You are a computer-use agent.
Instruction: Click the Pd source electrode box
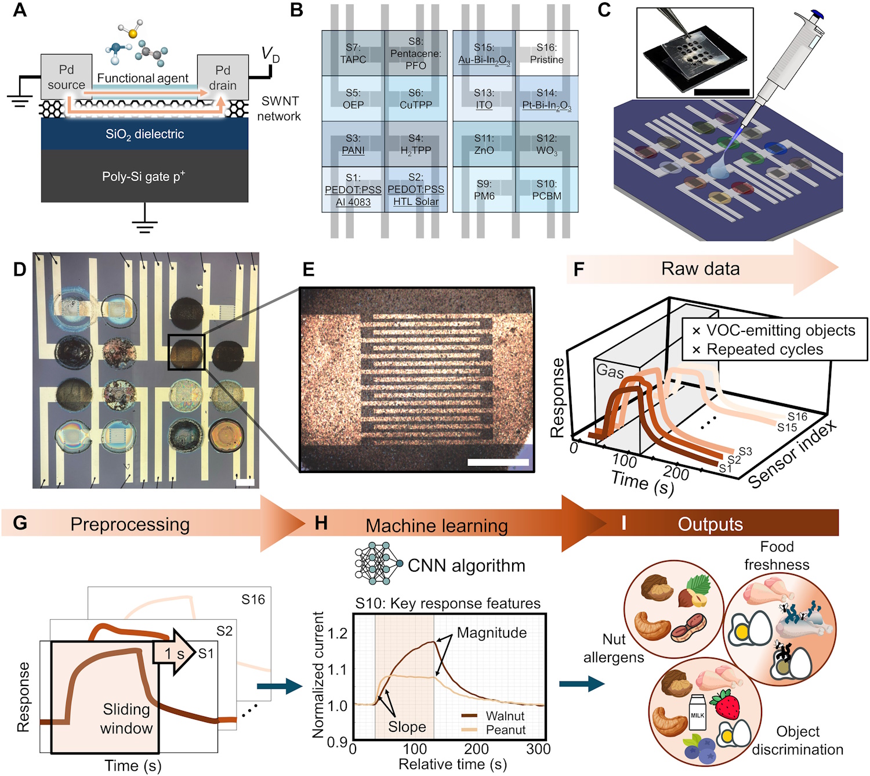(66, 77)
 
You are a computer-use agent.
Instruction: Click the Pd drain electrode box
(223, 77)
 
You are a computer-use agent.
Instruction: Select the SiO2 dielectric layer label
(145, 135)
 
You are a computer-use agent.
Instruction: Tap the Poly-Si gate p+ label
(143, 176)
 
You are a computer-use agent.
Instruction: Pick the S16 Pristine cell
(546, 53)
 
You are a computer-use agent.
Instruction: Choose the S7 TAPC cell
(353, 53)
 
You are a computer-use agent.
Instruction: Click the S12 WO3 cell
(546, 144)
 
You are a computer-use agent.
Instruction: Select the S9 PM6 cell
(484, 189)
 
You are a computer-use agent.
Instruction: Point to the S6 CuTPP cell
(416, 99)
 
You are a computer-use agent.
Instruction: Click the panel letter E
(309, 269)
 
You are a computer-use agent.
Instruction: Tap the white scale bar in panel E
(498, 462)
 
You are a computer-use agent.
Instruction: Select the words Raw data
(701, 269)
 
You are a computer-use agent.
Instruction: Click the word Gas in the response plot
(610, 370)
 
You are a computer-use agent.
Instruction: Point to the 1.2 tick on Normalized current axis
(338, 633)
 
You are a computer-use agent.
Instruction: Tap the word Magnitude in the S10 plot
(492, 633)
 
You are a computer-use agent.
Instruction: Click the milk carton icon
(697, 712)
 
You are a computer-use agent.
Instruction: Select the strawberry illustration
(726, 703)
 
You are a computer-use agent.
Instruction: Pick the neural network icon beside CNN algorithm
(379, 563)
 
